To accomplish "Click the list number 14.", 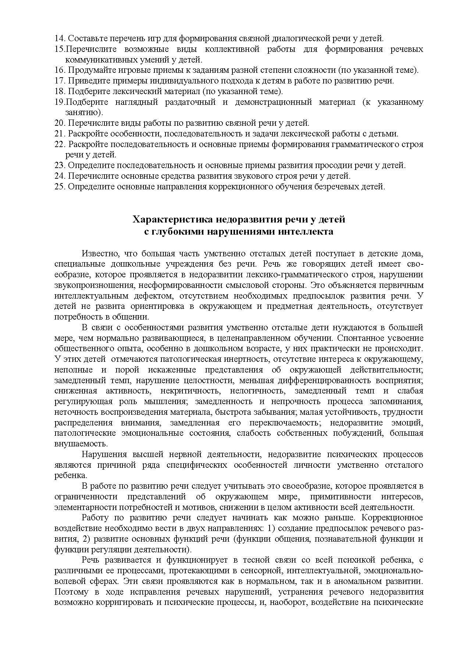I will (60, 38).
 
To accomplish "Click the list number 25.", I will (60, 186).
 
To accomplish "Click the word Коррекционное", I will (392, 518).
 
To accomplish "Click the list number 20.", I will (60, 123).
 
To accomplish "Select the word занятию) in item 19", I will (84, 113).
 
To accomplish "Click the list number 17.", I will (60, 81).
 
